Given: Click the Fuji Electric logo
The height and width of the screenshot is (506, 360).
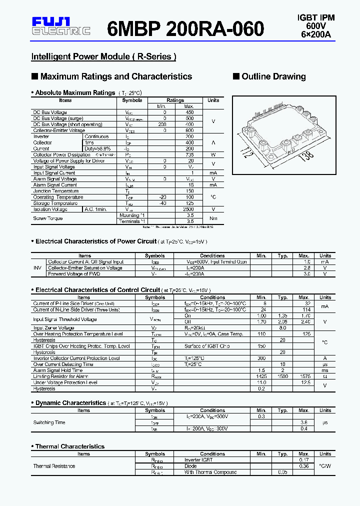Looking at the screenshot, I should pos(60,26).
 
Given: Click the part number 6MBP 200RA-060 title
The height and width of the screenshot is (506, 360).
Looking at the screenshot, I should pos(185,29).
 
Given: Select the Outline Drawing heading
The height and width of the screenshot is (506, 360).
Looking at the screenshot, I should pos(273,76).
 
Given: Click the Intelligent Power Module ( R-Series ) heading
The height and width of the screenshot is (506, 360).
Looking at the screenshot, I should pos(103,56).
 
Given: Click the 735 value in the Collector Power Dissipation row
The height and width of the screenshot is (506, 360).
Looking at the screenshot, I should pos(189,154).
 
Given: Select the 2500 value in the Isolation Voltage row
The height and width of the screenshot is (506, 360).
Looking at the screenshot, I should pos(189,209).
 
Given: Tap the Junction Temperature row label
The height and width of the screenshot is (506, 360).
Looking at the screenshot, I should pos(55,191).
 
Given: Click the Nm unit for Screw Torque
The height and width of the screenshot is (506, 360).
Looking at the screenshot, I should pos(213,218).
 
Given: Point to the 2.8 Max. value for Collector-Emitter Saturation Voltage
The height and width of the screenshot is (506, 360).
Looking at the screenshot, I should pos(307,268).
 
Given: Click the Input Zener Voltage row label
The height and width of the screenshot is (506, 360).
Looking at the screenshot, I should pos(53,328).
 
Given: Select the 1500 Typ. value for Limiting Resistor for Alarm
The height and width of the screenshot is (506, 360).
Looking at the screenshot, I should pos(283,376).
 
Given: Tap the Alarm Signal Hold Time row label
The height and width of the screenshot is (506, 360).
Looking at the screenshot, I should pos(57,370).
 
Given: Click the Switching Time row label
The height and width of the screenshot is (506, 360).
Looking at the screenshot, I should pos(49,422).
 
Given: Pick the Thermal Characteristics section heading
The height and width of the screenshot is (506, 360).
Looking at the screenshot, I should pos(70,446).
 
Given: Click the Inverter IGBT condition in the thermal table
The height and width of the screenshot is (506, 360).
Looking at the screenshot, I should pos(199,460).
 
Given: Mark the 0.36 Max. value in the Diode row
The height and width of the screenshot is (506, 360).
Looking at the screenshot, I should pos(303,466).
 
